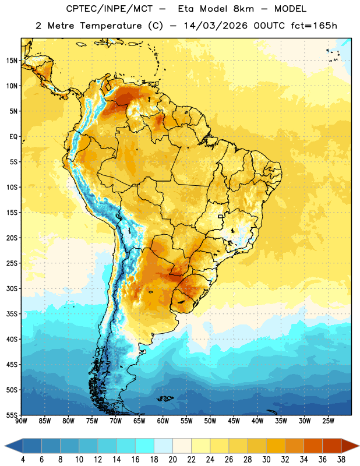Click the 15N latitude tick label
pyautogui.click(x=12, y=61)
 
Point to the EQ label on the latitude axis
pyautogui.click(x=13, y=136)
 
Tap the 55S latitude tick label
pyautogui.click(x=12, y=415)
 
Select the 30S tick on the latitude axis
pyautogui.click(x=12, y=288)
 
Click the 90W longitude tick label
pyautogui.click(x=21, y=421)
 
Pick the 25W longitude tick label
pyautogui.click(x=328, y=421)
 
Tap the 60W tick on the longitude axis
pyautogui.click(x=163, y=421)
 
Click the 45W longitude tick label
pyautogui.click(x=234, y=421)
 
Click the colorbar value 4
pyautogui.click(x=23, y=460)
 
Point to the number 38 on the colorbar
pyautogui.click(x=341, y=460)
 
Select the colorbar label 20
pyautogui.click(x=172, y=460)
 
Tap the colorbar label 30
pyautogui.click(x=266, y=460)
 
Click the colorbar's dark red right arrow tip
pyautogui.click(x=359, y=446)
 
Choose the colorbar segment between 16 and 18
pyautogui.click(x=145, y=446)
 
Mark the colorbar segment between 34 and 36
pyautogui.click(x=313, y=446)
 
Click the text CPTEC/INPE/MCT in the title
pyautogui.click(x=110, y=9)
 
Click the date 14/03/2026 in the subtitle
pyautogui.click(x=216, y=26)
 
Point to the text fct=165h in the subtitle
pyautogui.click(x=314, y=26)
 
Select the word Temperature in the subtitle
pyautogui.click(x=111, y=26)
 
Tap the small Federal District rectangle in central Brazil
pyautogui.click(x=221, y=216)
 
